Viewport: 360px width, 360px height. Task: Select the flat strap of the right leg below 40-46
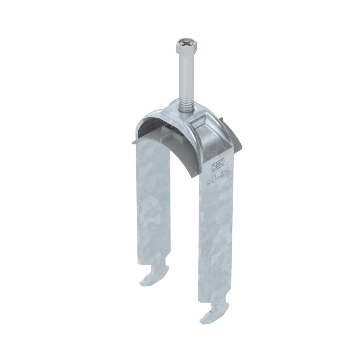(x=214, y=240)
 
